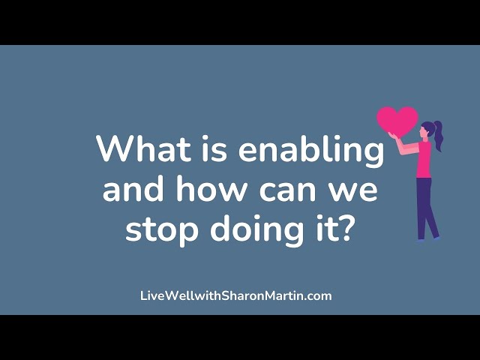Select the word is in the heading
tap(214, 148)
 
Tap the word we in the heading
tap(355, 191)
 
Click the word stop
tap(162, 230)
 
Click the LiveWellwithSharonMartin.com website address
tap(236, 296)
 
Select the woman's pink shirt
tap(424, 160)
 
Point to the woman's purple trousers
tap(426, 208)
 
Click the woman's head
tap(427, 129)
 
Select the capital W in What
tap(114, 148)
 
